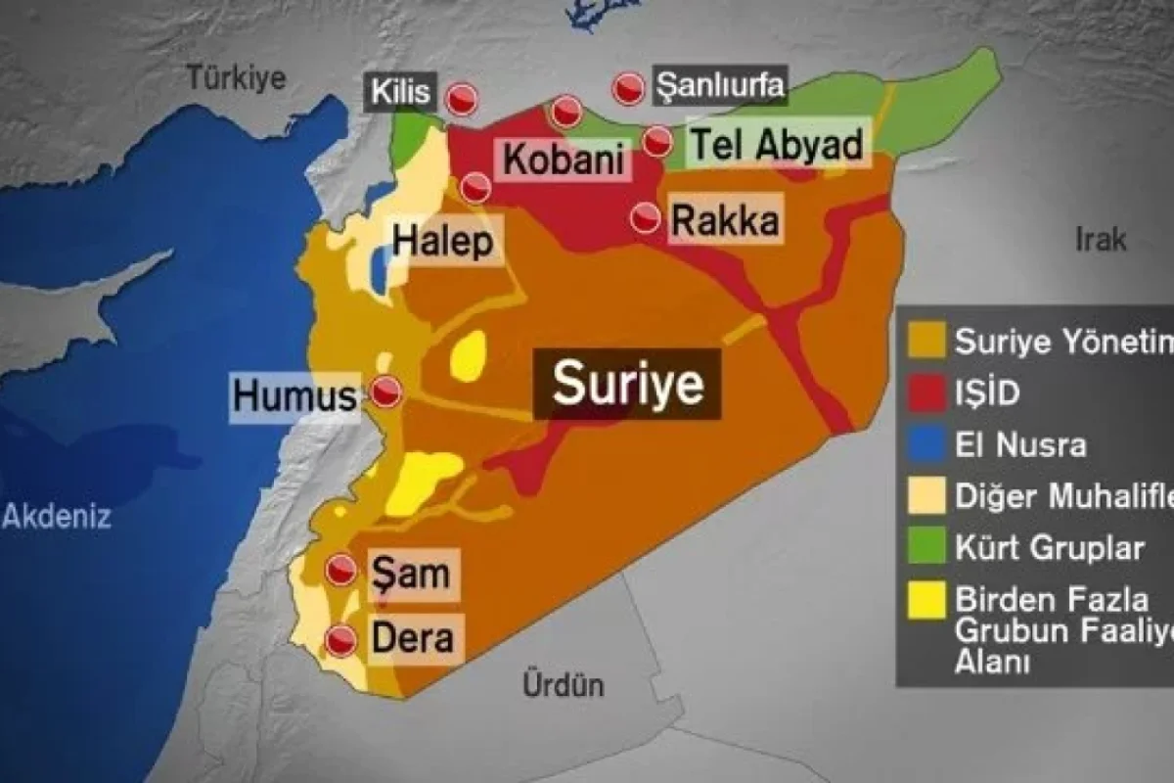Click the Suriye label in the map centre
point(628,384)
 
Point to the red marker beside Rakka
point(645,218)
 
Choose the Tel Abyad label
point(777,146)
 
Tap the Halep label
point(442,242)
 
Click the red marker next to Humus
point(387,391)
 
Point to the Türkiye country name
point(239,77)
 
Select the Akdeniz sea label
point(57,516)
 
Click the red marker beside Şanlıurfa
point(628,89)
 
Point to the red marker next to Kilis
point(462,98)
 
